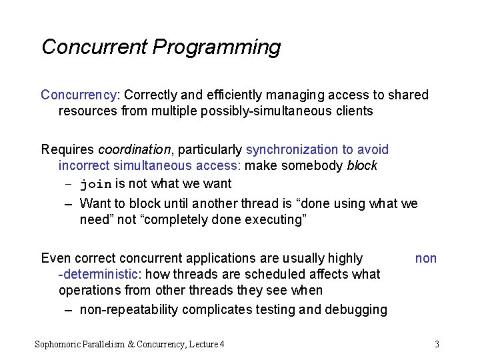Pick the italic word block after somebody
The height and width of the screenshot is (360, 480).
(362, 165)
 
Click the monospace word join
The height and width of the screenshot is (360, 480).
(96, 184)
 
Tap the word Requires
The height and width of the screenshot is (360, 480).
(68, 149)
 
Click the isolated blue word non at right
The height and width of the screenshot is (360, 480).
(426, 258)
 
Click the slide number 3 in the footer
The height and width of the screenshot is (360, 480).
(437, 344)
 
